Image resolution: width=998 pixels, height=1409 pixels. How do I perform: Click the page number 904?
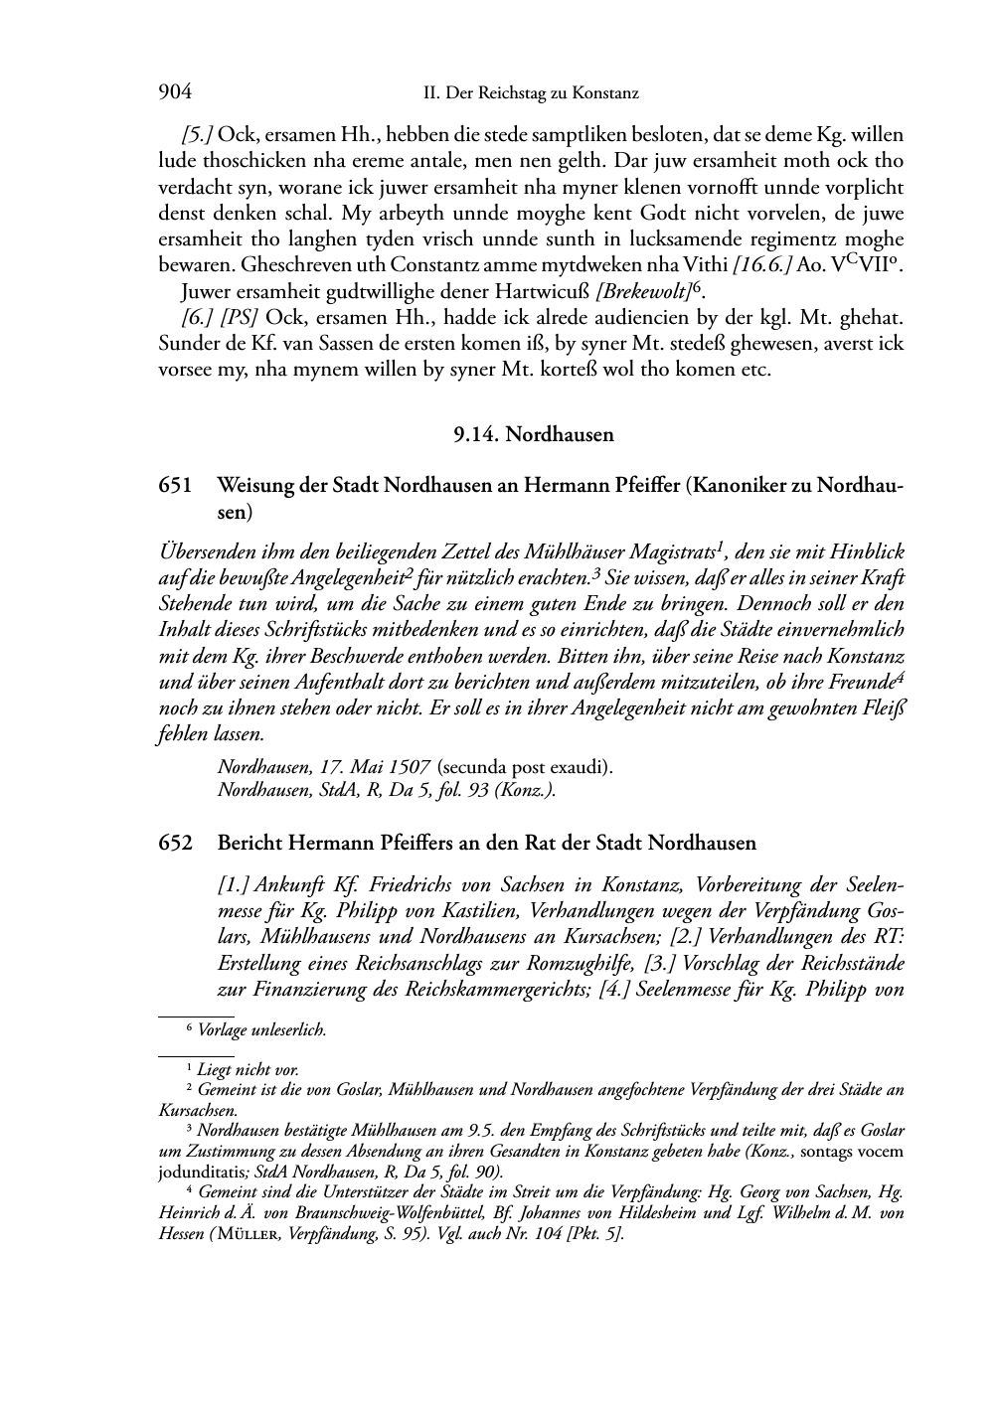click(x=174, y=93)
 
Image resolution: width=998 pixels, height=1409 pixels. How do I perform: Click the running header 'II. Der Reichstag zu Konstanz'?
click(x=531, y=94)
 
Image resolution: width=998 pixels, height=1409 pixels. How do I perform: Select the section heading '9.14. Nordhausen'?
click(x=534, y=434)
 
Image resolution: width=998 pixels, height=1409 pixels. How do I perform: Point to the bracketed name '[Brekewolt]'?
click(x=644, y=291)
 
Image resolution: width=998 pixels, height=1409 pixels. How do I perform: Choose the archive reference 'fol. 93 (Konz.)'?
click(x=503, y=790)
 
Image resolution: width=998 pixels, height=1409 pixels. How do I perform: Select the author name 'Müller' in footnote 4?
click(x=239, y=1233)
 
